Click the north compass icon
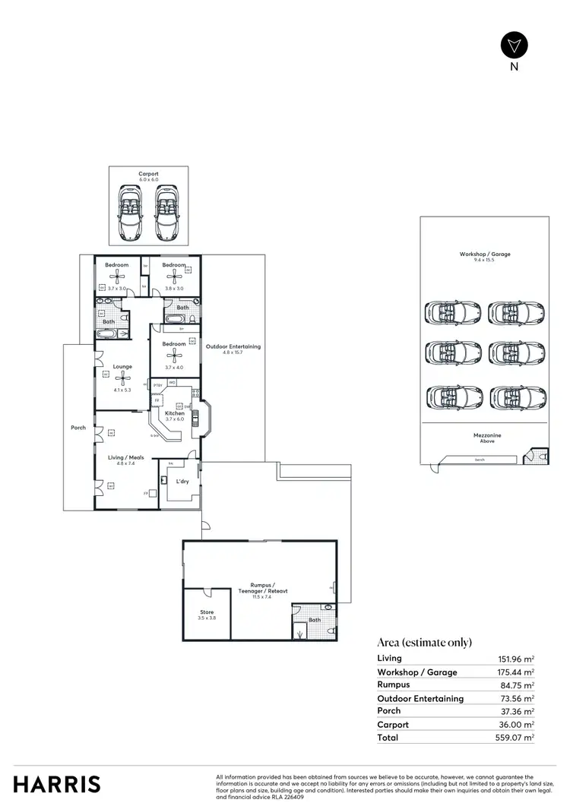pos(515,45)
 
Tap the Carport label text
pos(148,174)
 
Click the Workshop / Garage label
pos(484,254)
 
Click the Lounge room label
pos(122,366)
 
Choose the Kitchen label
pos(175,413)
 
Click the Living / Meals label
pos(121,458)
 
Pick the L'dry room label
pos(182,482)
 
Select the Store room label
pos(207,612)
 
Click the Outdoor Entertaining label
pos(233,346)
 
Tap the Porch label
pos(78,427)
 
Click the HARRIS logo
pos(57,784)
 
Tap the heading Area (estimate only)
pos(424,642)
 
